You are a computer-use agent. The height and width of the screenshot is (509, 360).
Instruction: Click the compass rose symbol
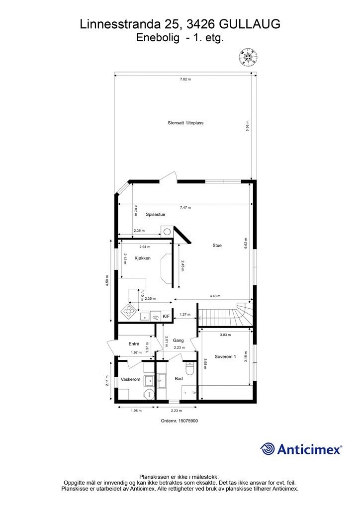click(248, 58)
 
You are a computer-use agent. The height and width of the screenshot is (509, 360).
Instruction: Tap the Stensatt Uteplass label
click(185, 123)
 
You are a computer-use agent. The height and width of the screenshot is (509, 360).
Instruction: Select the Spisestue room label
click(156, 215)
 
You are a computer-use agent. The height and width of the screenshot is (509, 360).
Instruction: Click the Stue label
click(217, 246)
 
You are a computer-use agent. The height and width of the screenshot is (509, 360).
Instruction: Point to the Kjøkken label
click(143, 258)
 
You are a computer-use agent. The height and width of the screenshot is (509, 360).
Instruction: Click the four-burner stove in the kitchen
click(129, 311)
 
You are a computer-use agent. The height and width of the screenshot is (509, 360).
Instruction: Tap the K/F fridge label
click(166, 316)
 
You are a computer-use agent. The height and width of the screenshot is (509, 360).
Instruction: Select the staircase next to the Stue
click(225, 314)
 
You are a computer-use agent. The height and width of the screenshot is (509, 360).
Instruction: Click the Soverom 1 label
click(225, 356)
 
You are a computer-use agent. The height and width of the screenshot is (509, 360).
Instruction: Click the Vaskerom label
click(130, 379)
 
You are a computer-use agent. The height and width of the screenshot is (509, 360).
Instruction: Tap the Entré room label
click(134, 344)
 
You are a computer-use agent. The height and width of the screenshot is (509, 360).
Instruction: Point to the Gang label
click(178, 340)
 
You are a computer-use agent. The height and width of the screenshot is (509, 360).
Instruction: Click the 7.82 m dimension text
click(185, 79)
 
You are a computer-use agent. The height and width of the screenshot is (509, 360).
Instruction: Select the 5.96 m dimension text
click(247, 126)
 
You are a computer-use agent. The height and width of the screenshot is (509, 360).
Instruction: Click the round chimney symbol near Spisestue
click(168, 232)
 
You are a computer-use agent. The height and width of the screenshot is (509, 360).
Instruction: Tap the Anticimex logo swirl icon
click(268, 449)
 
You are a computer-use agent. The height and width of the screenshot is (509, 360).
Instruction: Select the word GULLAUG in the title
click(250, 24)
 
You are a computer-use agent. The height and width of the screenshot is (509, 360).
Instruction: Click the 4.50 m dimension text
click(107, 281)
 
